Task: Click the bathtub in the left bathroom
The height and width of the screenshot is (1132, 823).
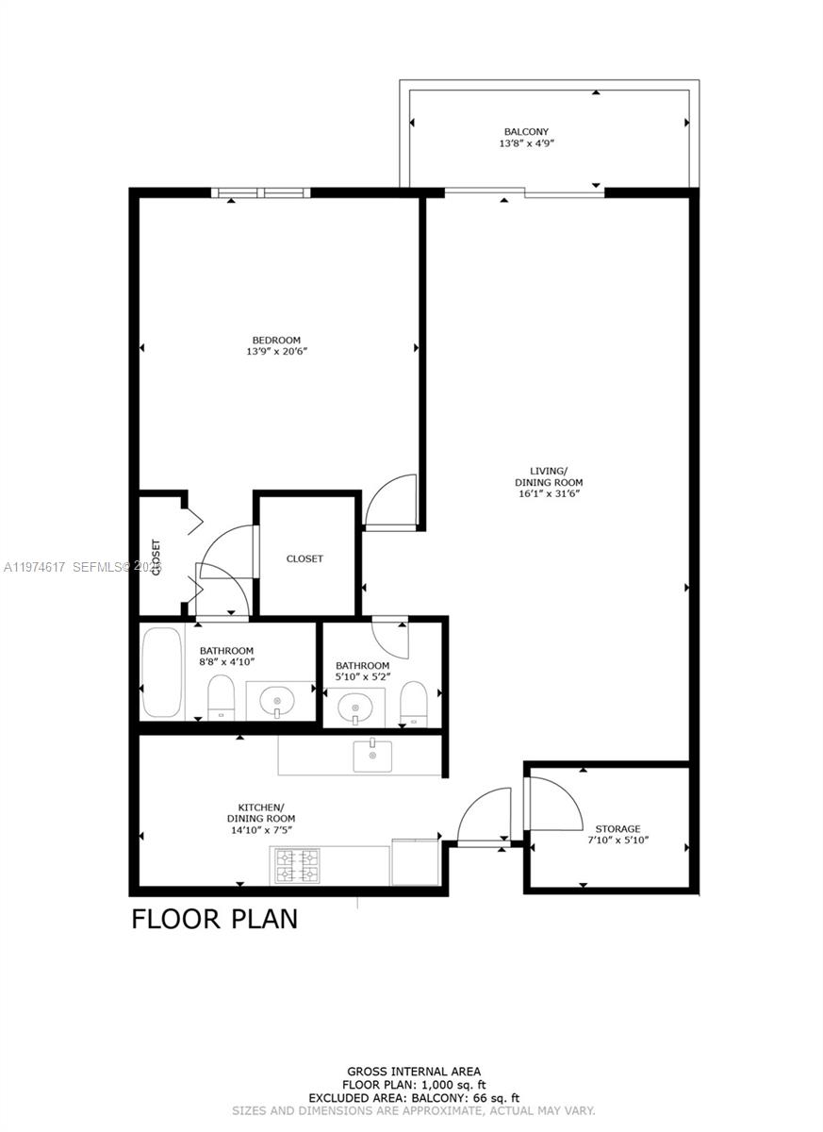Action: tap(161, 673)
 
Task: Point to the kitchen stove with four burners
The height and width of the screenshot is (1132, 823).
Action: tap(296, 865)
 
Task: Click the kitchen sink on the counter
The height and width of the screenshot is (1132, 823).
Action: tap(372, 756)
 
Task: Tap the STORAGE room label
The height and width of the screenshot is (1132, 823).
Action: tap(617, 828)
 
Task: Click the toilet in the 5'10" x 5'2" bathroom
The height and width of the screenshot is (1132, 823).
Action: tap(413, 705)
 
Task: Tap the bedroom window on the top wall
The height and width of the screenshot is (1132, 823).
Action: tap(261, 193)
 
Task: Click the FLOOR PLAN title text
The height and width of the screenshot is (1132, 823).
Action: tap(214, 918)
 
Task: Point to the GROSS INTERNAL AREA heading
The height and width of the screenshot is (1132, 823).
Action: tap(414, 1071)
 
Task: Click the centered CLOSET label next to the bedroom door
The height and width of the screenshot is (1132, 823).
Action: tap(305, 558)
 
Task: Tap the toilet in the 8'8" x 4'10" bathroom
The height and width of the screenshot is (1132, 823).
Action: tap(221, 697)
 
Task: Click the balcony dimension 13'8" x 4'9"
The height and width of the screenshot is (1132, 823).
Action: tap(525, 144)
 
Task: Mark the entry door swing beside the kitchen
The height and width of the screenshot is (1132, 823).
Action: tap(483, 816)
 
